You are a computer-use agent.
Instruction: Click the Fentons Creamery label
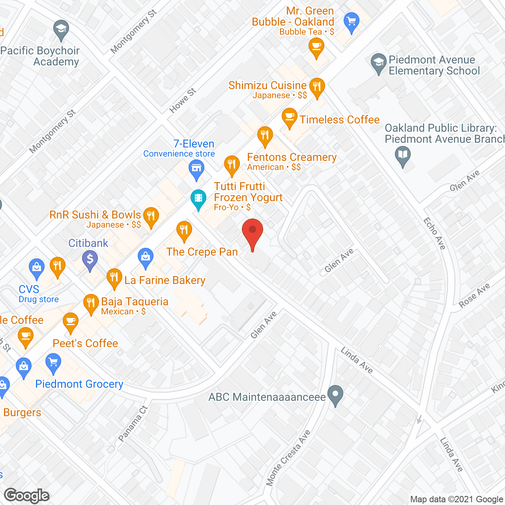pyautogui.click(x=292, y=157)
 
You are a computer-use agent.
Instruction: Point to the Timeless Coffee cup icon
pyautogui.click(x=290, y=117)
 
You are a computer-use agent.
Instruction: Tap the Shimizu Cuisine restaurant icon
pyautogui.click(x=317, y=87)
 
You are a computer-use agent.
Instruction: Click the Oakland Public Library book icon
pyautogui.click(x=402, y=155)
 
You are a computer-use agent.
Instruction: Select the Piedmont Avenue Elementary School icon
pyautogui.click(x=379, y=63)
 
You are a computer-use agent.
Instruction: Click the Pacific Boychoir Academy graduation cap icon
pyautogui.click(x=61, y=30)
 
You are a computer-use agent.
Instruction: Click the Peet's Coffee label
pyautogui.click(x=85, y=343)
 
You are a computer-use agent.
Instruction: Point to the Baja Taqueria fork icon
pyautogui.click(x=91, y=303)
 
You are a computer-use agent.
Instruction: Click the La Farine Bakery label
pyautogui.click(x=165, y=281)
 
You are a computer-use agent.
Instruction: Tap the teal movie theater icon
pyautogui.click(x=198, y=198)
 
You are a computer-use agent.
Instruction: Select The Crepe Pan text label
pyautogui.click(x=202, y=252)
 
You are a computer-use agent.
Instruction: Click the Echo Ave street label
pyautogui.click(x=434, y=233)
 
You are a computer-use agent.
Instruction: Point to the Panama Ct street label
pyautogui.click(x=133, y=424)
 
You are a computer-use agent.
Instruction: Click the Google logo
pyautogui.click(x=27, y=496)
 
